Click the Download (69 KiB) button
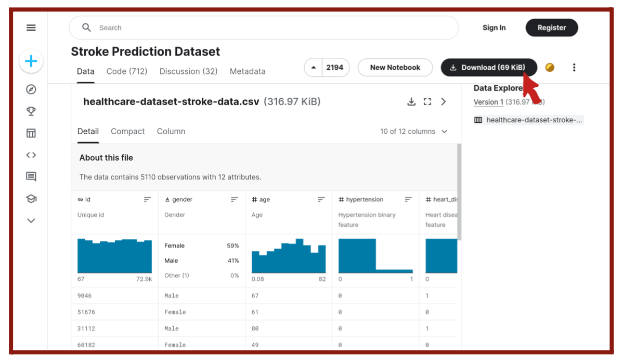pyautogui.click(x=488, y=68)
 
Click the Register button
pyautogui.click(x=551, y=28)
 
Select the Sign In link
pyautogui.click(x=493, y=28)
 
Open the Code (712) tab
pyautogui.click(x=126, y=71)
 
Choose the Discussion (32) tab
pyautogui.click(x=188, y=71)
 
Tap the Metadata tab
pyautogui.click(x=248, y=71)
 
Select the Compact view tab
pyautogui.click(x=127, y=131)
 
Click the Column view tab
pyautogui.click(x=171, y=131)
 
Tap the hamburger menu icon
pyautogui.click(x=31, y=28)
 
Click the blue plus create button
pyautogui.click(x=31, y=61)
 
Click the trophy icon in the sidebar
pyautogui.click(x=31, y=111)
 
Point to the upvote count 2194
pyautogui.click(x=335, y=68)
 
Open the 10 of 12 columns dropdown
pyautogui.click(x=413, y=132)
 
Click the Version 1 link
pyautogui.click(x=488, y=102)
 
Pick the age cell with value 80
pyautogui.click(x=255, y=328)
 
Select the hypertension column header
pyautogui.click(x=365, y=199)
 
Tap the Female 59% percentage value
pyautogui.click(x=233, y=246)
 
